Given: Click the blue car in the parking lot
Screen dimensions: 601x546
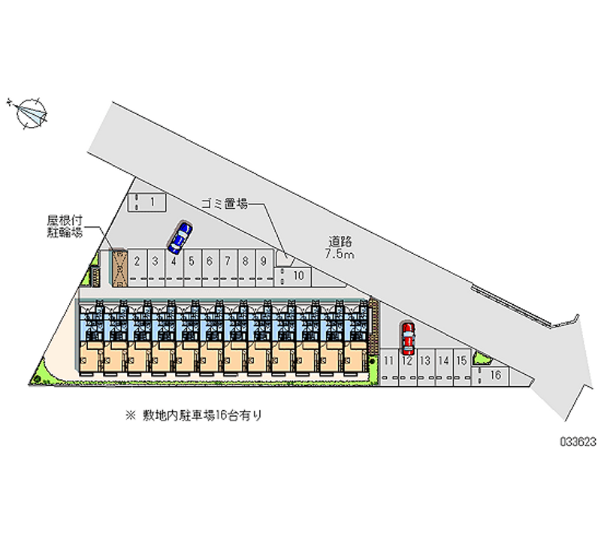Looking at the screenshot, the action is tap(180, 237).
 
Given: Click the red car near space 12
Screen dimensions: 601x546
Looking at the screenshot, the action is tap(408, 338).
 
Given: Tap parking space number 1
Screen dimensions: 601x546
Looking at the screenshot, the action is tap(146, 202).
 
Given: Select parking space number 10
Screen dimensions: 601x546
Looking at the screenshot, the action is tap(292, 276).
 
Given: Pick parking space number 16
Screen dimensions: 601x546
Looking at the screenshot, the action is tap(490, 376).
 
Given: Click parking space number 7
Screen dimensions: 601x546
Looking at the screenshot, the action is tap(228, 268).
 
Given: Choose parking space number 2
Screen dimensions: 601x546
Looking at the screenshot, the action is tap(137, 268).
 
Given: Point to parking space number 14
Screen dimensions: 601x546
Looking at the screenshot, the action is tap(444, 367).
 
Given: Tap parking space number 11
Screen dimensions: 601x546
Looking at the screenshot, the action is tap(389, 367).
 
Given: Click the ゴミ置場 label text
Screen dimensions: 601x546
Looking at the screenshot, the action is tap(225, 204).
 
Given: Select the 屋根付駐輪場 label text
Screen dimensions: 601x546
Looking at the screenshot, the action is tap(65, 226).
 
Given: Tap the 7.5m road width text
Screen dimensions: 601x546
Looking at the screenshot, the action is tap(340, 254).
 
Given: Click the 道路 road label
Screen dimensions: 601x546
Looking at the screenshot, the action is tap(340, 241).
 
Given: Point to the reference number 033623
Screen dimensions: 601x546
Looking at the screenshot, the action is tap(578, 442).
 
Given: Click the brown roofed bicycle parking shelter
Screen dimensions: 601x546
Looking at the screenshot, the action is tap(119, 268).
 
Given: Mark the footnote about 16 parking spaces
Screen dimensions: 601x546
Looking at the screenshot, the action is tap(194, 415).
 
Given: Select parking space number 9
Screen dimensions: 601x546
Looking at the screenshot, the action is tap(264, 268).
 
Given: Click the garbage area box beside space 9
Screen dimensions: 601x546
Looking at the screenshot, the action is tap(285, 258).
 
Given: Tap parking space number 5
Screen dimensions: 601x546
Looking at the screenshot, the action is tap(192, 268).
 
